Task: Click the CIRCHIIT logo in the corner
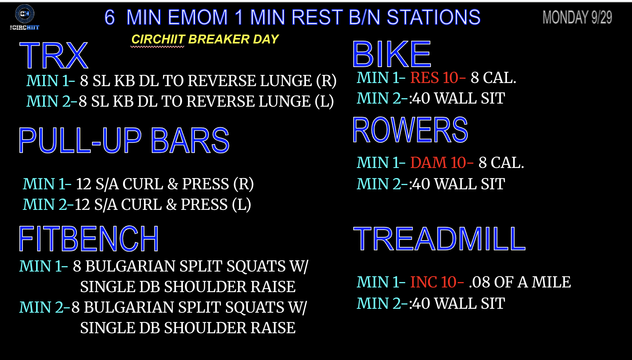[x=24, y=17]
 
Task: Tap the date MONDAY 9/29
[x=577, y=17]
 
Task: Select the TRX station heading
[x=54, y=55]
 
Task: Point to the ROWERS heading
[x=410, y=130]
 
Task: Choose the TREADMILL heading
[x=439, y=239]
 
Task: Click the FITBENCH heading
[x=89, y=239]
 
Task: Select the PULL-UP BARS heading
[x=124, y=140]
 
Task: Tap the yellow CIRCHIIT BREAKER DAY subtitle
[x=205, y=39]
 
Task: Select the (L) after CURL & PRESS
[x=241, y=205]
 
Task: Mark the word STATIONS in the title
[x=433, y=17]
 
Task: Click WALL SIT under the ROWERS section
[x=469, y=184]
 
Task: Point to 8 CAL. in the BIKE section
[x=493, y=78]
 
